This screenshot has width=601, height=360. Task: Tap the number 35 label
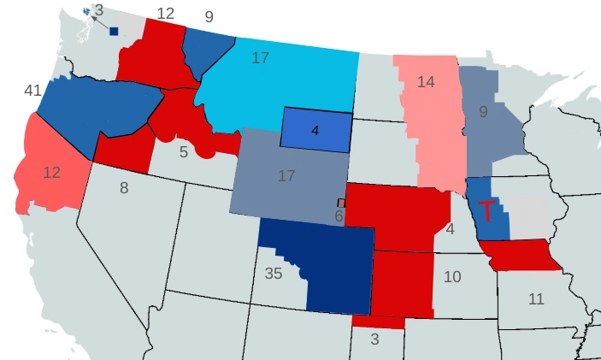click(x=274, y=274)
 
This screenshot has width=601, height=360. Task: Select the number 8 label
click(x=124, y=188)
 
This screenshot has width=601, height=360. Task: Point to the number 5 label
click(x=183, y=152)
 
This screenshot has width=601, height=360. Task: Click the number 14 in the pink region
click(x=427, y=82)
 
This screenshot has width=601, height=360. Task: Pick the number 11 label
click(x=535, y=298)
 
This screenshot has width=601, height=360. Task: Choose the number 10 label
click(x=452, y=277)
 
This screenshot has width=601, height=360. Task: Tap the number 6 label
click(x=339, y=217)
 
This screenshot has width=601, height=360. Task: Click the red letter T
click(x=486, y=211)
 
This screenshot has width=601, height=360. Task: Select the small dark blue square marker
click(x=114, y=31)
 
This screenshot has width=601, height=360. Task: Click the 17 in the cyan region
click(x=261, y=58)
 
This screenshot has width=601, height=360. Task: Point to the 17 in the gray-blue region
click(x=286, y=176)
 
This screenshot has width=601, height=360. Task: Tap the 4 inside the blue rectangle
click(x=315, y=131)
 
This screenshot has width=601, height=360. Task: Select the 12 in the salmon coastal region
click(x=51, y=172)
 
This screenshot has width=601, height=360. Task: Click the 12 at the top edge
click(x=166, y=13)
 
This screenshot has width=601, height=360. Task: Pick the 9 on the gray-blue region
click(x=483, y=111)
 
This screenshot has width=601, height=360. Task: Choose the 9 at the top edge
click(x=209, y=15)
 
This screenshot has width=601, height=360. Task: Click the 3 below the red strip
click(x=374, y=339)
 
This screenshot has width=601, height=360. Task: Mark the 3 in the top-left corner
click(x=98, y=10)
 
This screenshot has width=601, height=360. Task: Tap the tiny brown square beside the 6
click(x=341, y=203)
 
